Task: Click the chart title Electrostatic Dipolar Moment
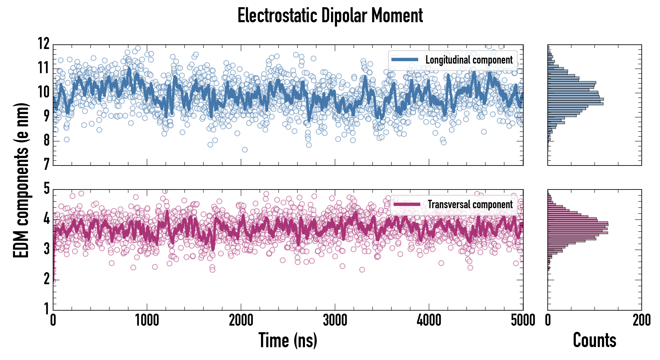pos(330,16)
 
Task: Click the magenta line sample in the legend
pos(407,204)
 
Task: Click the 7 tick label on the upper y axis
pos(46,164)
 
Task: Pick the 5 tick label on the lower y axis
pos(46,189)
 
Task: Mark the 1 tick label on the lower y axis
pos(46,309)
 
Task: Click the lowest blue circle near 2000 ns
pos(245,150)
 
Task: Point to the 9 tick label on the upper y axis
pos(46,116)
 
